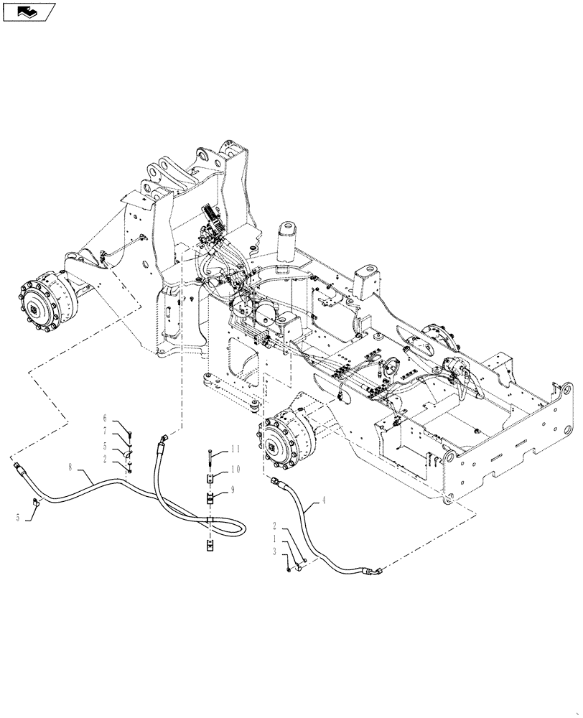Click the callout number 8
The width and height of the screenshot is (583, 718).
click(x=70, y=467)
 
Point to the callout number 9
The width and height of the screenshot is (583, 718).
click(x=233, y=490)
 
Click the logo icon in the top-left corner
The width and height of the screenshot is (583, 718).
click(x=29, y=11)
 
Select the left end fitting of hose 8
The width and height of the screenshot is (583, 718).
click(x=19, y=469)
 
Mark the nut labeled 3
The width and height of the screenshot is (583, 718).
click(x=289, y=570)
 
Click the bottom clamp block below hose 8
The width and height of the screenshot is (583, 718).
click(x=208, y=547)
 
